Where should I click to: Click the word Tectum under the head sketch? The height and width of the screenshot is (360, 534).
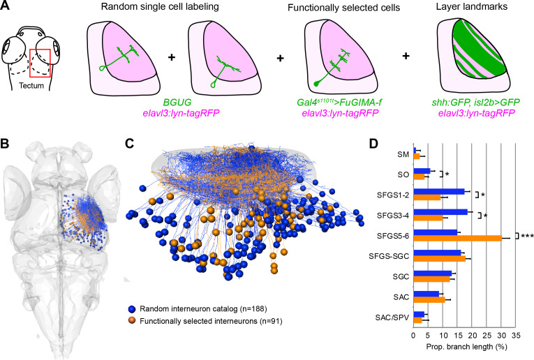[31, 85]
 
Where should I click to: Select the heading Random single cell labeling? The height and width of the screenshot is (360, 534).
[160, 6]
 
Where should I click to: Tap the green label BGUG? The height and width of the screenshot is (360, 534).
[177, 102]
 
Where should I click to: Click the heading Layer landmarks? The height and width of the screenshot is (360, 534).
[472, 6]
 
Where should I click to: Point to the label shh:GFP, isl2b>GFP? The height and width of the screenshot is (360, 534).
[476, 102]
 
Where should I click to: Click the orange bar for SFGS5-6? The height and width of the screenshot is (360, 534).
[458, 238]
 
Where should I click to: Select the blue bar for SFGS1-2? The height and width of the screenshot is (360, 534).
[439, 192]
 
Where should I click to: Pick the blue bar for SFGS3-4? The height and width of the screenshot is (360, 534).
[440, 212]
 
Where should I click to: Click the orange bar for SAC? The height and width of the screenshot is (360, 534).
[429, 300]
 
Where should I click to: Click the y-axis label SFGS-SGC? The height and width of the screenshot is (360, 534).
[389, 256]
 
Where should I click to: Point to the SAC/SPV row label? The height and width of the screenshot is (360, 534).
[392, 317]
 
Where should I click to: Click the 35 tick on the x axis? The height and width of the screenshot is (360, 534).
[516, 336]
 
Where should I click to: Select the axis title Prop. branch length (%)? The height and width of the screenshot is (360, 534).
[466, 347]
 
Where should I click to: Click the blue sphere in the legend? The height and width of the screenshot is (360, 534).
[132, 309]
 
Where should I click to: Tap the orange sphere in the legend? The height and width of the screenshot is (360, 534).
[132, 320]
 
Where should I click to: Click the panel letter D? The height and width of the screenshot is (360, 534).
[373, 144]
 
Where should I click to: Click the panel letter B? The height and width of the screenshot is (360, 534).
[5, 144]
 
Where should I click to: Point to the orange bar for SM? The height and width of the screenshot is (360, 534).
[417, 156]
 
